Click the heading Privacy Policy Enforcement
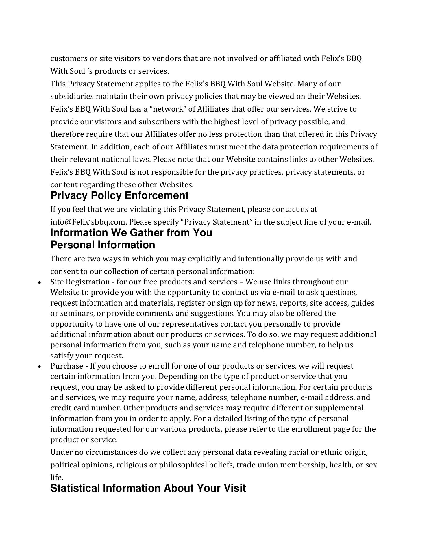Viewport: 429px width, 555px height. click(x=119, y=196)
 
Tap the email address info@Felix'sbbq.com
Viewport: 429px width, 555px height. click(x=88, y=222)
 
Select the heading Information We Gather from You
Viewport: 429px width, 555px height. click(x=131, y=233)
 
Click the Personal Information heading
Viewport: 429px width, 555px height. click(x=103, y=245)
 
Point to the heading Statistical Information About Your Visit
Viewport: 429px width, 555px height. click(x=148, y=488)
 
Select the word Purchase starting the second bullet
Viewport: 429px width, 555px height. click(x=67, y=366)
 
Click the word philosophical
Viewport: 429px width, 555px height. click(x=183, y=465)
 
